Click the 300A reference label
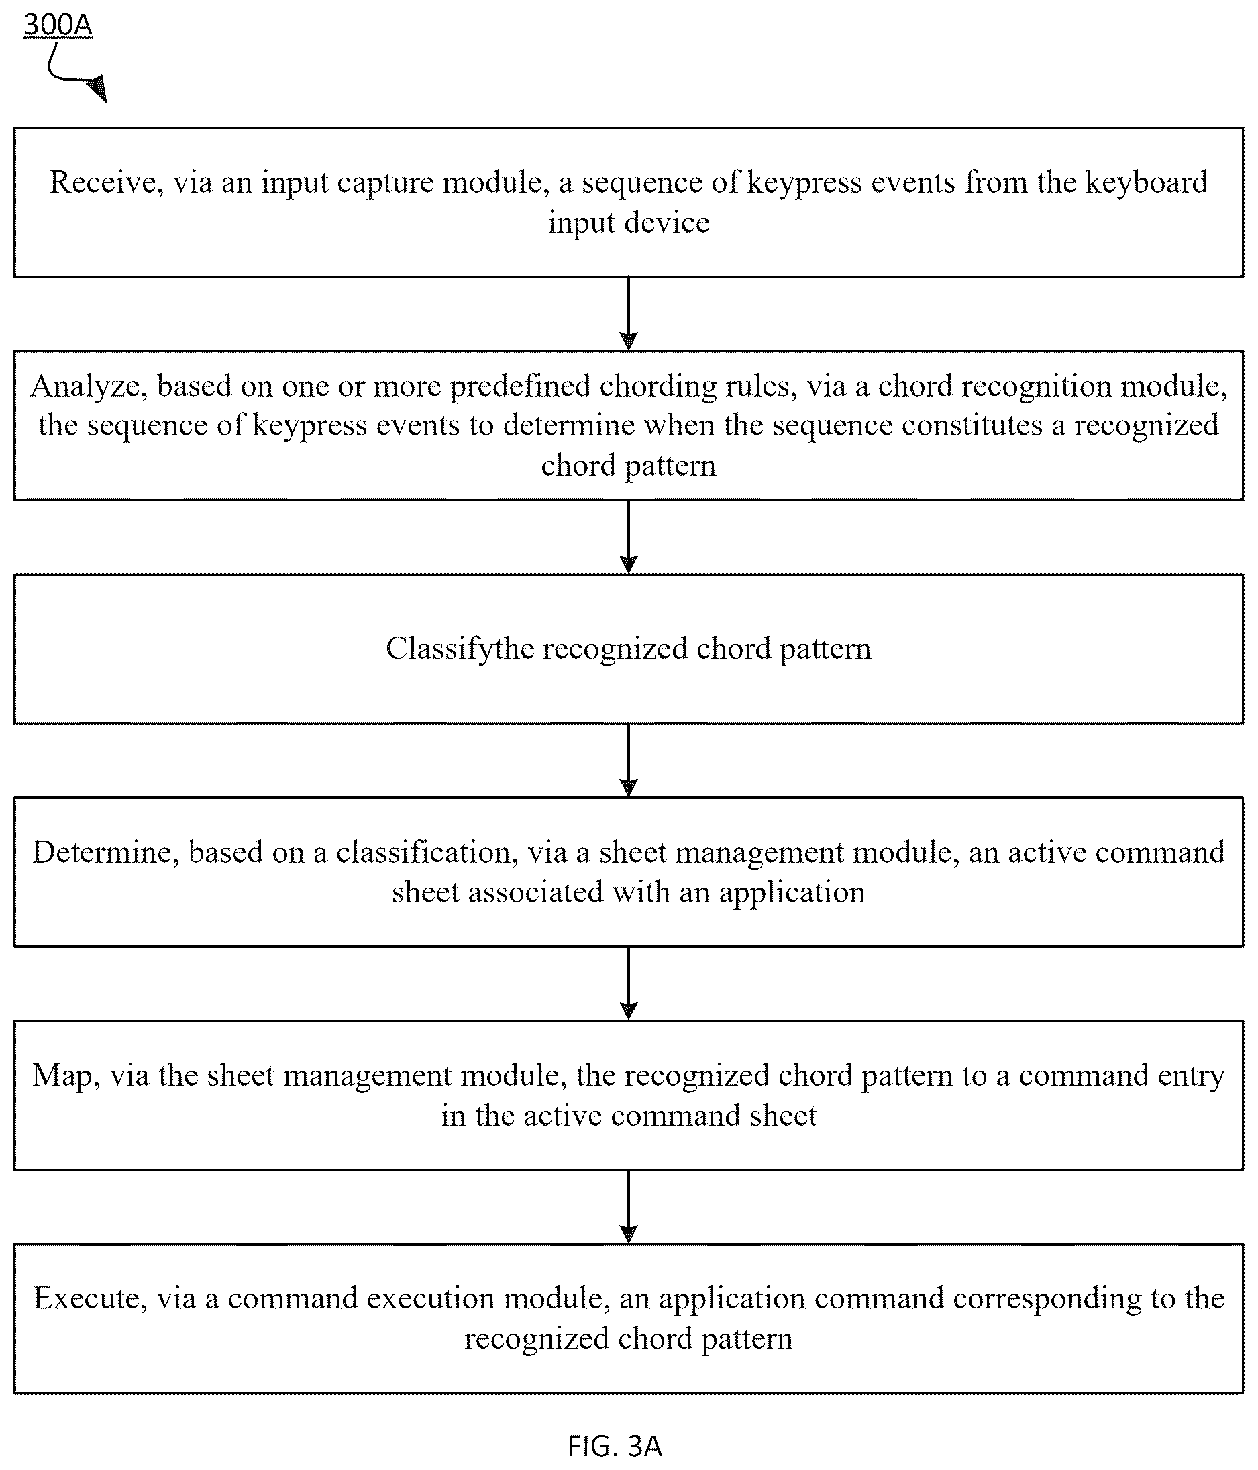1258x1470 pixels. [58, 25]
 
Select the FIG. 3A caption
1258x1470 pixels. [615, 1445]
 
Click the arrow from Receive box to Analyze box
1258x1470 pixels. [629, 313]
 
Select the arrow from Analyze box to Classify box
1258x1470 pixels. [629, 537]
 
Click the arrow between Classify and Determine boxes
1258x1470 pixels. [629, 760]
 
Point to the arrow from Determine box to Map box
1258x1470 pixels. [629, 984]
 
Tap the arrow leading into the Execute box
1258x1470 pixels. [629, 1207]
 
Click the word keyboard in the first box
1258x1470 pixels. [1147, 182]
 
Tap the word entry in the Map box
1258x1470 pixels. [1192, 1076]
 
